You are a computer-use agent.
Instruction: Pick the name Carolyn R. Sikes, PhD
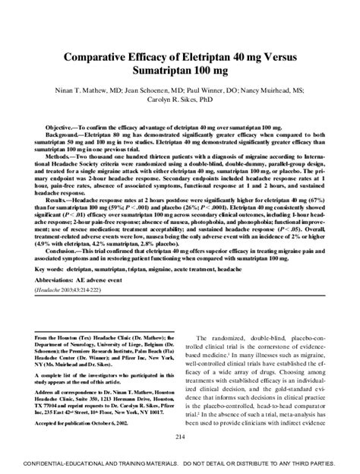(180, 101)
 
